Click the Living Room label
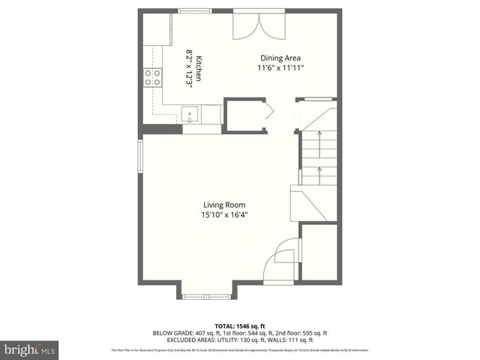tap(223, 205)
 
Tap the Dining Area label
tap(282, 58)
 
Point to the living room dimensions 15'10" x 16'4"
tap(223, 215)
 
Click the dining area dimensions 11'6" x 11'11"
tap(282, 68)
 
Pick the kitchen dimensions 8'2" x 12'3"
tap(190, 69)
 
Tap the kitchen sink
tap(190, 115)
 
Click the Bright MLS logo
tap(29, 349)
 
